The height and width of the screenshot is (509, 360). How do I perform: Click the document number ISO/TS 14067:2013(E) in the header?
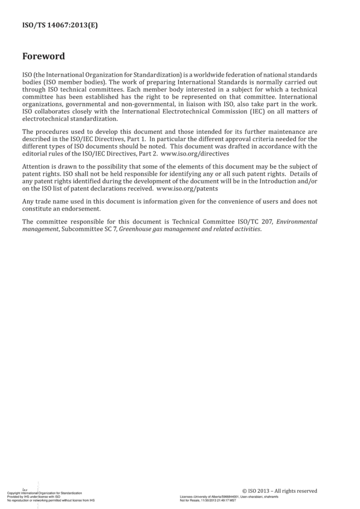(x=60, y=25)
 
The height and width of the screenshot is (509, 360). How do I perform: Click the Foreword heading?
(x=44, y=57)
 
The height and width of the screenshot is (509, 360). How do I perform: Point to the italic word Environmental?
(x=297, y=222)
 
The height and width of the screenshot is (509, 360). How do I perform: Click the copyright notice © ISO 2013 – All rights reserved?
(x=280, y=491)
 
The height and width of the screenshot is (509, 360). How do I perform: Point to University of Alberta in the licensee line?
(x=208, y=497)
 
